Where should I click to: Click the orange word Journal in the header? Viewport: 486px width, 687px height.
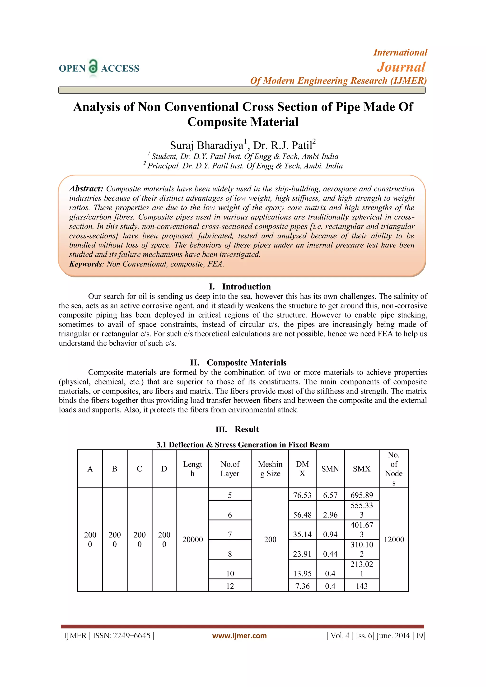pos(401,67)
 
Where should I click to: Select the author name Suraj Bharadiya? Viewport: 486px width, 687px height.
pos(207,145)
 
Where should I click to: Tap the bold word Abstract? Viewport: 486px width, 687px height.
pos(86,188)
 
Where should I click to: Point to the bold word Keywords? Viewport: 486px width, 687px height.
pos(86,264)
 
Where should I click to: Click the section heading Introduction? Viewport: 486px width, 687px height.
pos(246,287)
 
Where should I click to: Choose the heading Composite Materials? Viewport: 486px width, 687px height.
pos(246,363)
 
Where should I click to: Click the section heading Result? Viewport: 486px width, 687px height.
pos(247,429)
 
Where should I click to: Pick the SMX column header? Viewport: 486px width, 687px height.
pos(361,469)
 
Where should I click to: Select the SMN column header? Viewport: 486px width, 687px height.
pos(330,469)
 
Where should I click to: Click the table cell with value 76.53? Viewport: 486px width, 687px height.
pos(302,495)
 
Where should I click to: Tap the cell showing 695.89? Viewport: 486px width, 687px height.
pos(361,495)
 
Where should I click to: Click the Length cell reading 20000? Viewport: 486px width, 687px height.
pos(192,539)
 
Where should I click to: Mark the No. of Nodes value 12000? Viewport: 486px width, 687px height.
pos(394,539)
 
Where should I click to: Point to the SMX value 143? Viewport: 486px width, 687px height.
pos(361,586)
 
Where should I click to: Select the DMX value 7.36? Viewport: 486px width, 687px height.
pos(302,586)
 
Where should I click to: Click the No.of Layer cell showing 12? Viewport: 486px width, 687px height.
pos(230,586)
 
